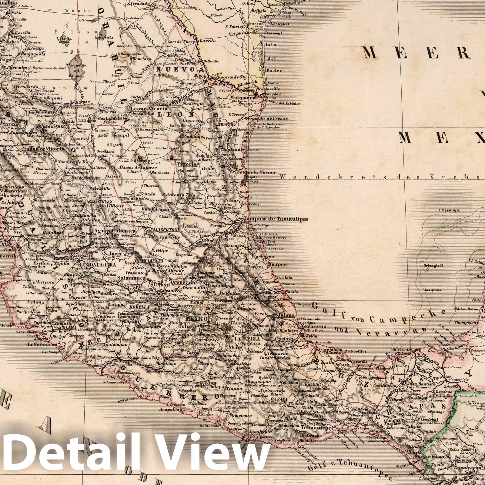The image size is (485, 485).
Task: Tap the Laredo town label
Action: (x=207, y=40)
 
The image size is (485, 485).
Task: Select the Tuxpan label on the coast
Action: (x=278, y=264)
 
